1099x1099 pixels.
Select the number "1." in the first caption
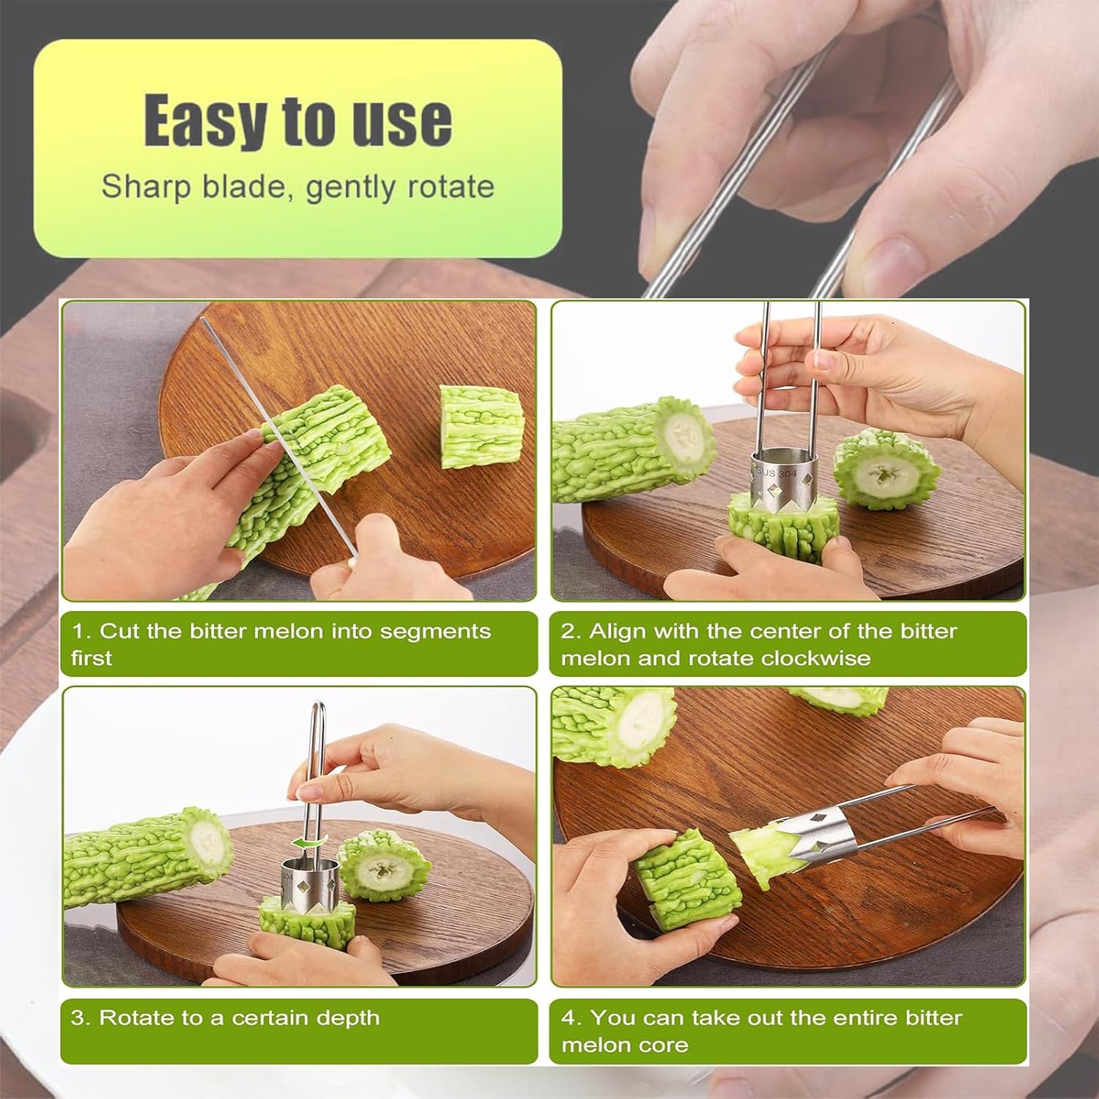[x=81, y=631]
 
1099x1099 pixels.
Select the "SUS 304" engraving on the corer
[x=777, y=473]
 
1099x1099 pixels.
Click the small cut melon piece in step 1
[x=481, y=427]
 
